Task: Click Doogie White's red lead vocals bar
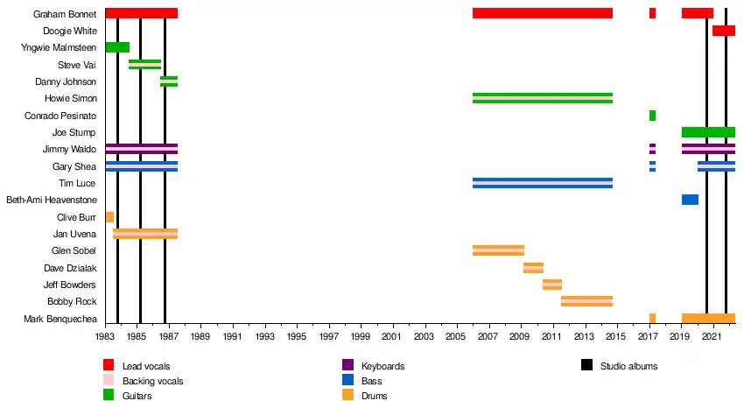click(723, 31)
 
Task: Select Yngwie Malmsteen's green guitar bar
click(117, 47)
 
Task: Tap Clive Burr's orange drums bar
click(109, 217)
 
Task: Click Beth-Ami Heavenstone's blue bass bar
click(690, 200)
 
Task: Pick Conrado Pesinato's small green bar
click(652, 116)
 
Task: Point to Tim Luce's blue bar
click(542, 183)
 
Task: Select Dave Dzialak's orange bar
click(533, 268)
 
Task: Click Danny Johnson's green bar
click(169, 81)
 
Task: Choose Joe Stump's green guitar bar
click(708, 132)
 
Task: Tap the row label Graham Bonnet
click(65, 14)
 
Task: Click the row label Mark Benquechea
click(60, 319)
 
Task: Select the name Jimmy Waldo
click(73, 150)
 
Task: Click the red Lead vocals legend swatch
click(109, 365)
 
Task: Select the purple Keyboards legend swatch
click(347, 365)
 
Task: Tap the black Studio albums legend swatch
click(586, 365)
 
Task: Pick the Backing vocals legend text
click(152, 381)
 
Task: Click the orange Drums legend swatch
click(347, 396)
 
